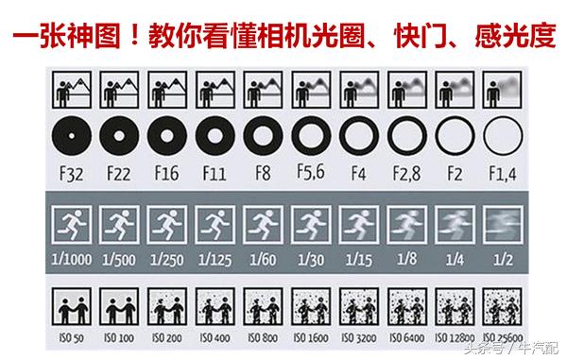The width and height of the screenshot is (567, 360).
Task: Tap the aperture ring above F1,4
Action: click(503, 136)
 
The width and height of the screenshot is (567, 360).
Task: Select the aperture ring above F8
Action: click(262, 136)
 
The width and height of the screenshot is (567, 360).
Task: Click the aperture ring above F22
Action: click(117, 136)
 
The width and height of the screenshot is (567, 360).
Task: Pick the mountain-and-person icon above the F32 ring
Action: click(69, 93)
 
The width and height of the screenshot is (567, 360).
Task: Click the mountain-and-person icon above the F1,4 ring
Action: click(503, 93)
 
